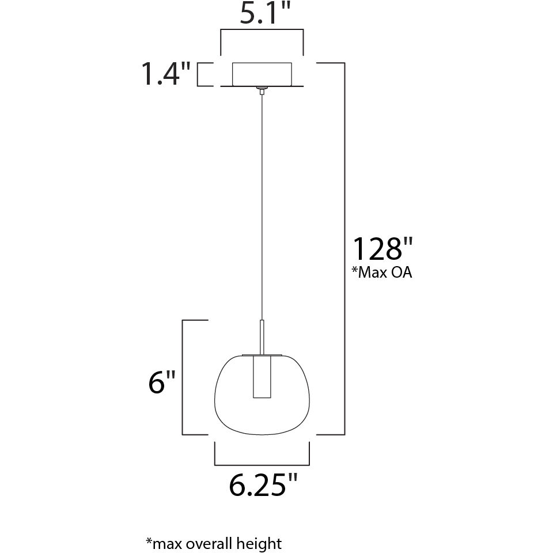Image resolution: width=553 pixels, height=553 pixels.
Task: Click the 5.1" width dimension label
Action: (x=262, y=14)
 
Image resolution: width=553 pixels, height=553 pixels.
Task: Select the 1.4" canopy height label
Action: (x=166, y=74)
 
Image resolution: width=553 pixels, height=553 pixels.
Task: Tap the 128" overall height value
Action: (x=383, y=249)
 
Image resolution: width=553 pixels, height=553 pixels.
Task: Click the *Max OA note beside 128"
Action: (x=381, y=272)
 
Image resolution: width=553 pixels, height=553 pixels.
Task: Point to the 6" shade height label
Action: (x=161, y=382)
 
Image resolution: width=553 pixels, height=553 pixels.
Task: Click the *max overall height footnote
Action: (x=214, y=543)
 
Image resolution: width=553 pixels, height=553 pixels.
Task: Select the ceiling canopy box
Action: (x=262, y=74)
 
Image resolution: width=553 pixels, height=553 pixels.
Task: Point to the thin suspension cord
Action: (x=262, y=202)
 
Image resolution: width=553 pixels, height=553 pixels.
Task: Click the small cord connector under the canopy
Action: (x=262, y=90)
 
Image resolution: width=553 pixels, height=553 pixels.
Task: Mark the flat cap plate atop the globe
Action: (x=262, y=353)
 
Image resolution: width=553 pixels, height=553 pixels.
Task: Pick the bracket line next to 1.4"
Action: (x=198, y=74)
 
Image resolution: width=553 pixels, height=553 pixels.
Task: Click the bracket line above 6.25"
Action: (x=262, y=464)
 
